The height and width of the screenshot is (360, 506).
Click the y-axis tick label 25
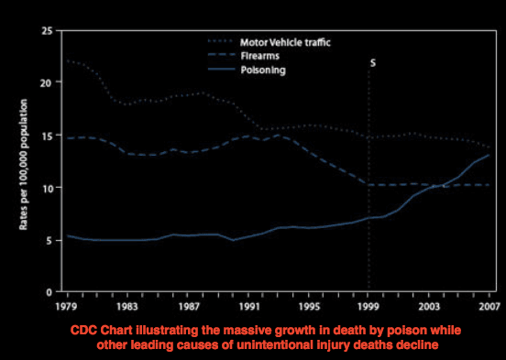tap(46, 30)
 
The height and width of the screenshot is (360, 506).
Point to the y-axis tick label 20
tap(46, 82)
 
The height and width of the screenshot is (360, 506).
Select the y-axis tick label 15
tap(46, 135)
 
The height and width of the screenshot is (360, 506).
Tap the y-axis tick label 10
tap(46, 188)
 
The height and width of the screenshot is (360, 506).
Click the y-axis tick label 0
tap(49, 291)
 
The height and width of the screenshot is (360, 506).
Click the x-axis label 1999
tap(368, 305)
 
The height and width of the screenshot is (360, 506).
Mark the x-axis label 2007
tap(489, 305)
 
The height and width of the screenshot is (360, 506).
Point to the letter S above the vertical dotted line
tap(372, 63)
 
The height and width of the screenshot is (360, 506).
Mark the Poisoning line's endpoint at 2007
tap(489, 156)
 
